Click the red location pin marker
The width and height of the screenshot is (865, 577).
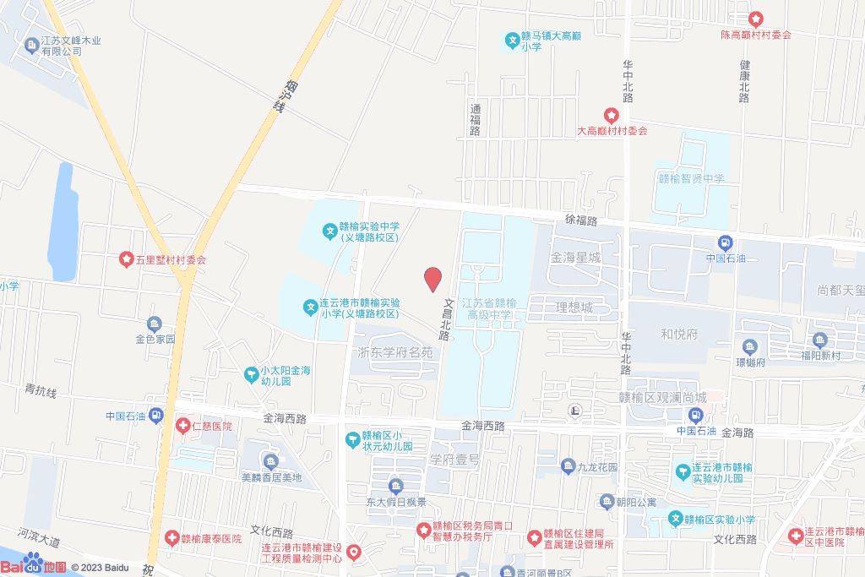(432, 279)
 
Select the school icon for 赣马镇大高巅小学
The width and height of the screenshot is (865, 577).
(512, 39)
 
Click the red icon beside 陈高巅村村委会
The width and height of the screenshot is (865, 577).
(755, 19)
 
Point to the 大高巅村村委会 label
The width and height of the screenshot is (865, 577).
(612, 131)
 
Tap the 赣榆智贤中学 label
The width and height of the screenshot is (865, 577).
(691, 179)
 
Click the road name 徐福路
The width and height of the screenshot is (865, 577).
(581, 220)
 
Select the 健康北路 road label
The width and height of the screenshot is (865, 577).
(744, 81)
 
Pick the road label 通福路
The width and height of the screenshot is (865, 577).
(475, 119)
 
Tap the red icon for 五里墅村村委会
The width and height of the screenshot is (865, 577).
(126, 259)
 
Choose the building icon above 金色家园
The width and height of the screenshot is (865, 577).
(154, 324)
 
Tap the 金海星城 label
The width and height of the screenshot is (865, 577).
(574, 258)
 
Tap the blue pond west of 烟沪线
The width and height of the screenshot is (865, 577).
(64, 221)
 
